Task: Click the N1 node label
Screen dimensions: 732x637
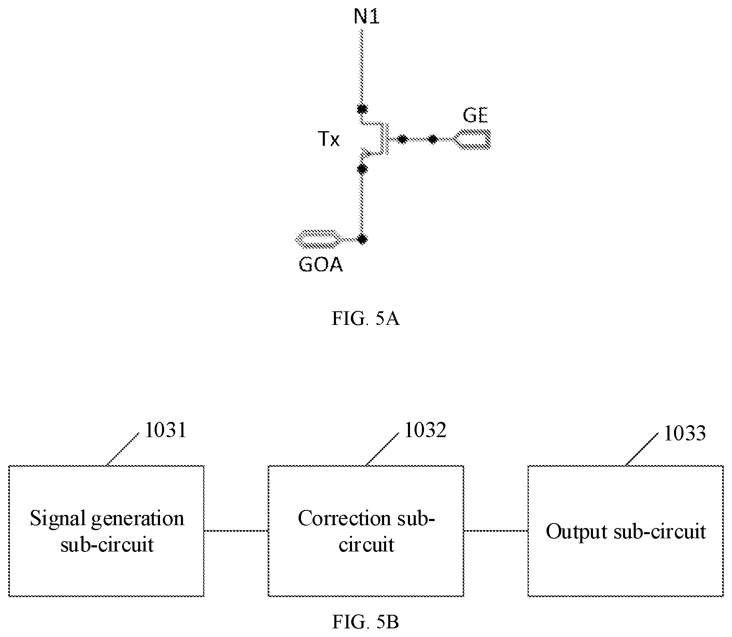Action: pyautogui.click(x=366, y=17)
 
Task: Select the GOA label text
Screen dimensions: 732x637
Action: pyautogui.click(x=321, y=265)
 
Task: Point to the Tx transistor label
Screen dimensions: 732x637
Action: pyautogui.click(x=329, y=140)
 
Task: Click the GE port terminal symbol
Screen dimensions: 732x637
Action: pyautogui.click(x=472, y=139)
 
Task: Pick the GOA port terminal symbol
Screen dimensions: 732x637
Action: pyautogui.click(x=317, y=239)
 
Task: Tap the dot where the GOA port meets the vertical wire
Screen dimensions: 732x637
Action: pyautogui.click(x=362, y=239)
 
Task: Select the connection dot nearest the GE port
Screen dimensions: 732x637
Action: pyautogui.click(x=432, y=139)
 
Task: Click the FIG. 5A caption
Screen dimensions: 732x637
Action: pyautogui.click(x=366, y=319)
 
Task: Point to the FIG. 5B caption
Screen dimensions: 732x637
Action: pyautogui.click(x=366, y=622)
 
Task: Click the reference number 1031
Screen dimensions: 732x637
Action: pyautogui.click(x=166, y=431)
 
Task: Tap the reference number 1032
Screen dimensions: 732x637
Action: pyautogui.click(x=425, y=431)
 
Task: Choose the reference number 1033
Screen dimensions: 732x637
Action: pyautogui.click(x=685, y=433)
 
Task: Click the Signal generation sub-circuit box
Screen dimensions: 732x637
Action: pyautogui.click(x=107, y=531)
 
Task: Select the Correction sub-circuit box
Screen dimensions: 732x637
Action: pyautogui.click(x=366, y=531)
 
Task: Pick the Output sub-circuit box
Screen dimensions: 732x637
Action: pyautogui.click(x=625, y=531)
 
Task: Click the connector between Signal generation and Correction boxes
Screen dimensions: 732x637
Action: pyautogui.click(x=236, y=531)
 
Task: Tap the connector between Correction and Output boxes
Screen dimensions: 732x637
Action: pyautogui.click(x=496, y=531)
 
